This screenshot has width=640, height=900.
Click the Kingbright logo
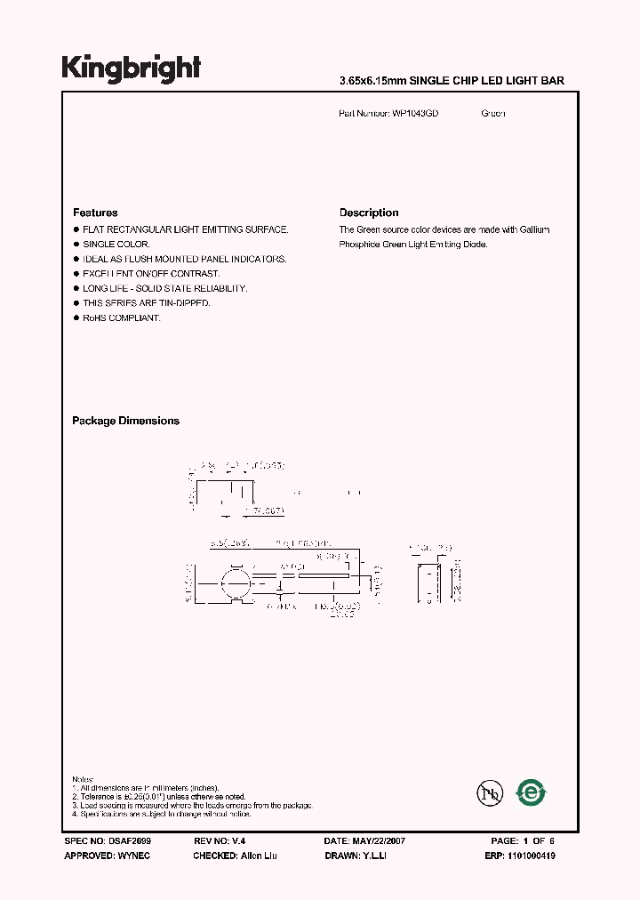[x=131, y=68]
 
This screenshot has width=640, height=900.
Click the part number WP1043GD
[x=415, y=114]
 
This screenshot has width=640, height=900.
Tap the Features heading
[x=95, y=213]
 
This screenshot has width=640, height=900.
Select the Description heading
[x=369, y=213]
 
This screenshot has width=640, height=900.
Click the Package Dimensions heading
[x=125, y=421]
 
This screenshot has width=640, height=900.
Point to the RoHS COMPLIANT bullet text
[x=122, y=317]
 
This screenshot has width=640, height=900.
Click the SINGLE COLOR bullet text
[x=116, y=244]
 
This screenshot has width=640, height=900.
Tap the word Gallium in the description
[x=535, y=229]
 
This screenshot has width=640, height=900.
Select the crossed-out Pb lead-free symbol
[x=488, y=792]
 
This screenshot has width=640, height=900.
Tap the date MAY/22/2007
[x=378, y=840]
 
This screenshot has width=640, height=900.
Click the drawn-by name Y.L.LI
[x=371, y=856]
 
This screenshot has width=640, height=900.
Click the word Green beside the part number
[x=493, y=114]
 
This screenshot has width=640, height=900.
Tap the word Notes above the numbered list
[x=83, y=779]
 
